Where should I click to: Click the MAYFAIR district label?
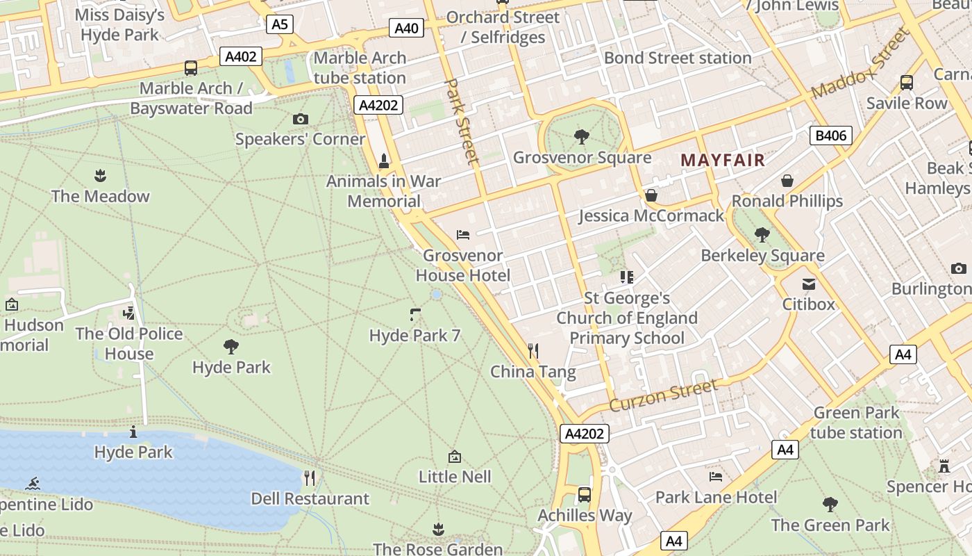[722, 161]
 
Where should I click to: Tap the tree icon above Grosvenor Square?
[582, 137]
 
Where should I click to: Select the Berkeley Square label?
[762, 256]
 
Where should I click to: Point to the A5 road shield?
[279, 25]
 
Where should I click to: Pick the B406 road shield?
[830, 135]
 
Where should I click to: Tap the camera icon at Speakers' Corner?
[300, 120]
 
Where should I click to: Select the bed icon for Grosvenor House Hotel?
[463, 235]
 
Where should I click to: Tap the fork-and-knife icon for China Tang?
[533, 351]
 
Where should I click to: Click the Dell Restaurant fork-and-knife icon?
[310, 478]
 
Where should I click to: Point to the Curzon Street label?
[662, 395]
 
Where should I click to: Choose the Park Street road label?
[462, 121]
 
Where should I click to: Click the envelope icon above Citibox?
[808, 284]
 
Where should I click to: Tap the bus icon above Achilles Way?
[585, 495]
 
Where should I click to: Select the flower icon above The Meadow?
[100, 176]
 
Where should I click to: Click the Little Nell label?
[455, 477]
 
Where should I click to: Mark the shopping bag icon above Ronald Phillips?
[787, 181]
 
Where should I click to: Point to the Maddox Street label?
[859, 64]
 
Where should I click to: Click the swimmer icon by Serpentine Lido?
[32, 484]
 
